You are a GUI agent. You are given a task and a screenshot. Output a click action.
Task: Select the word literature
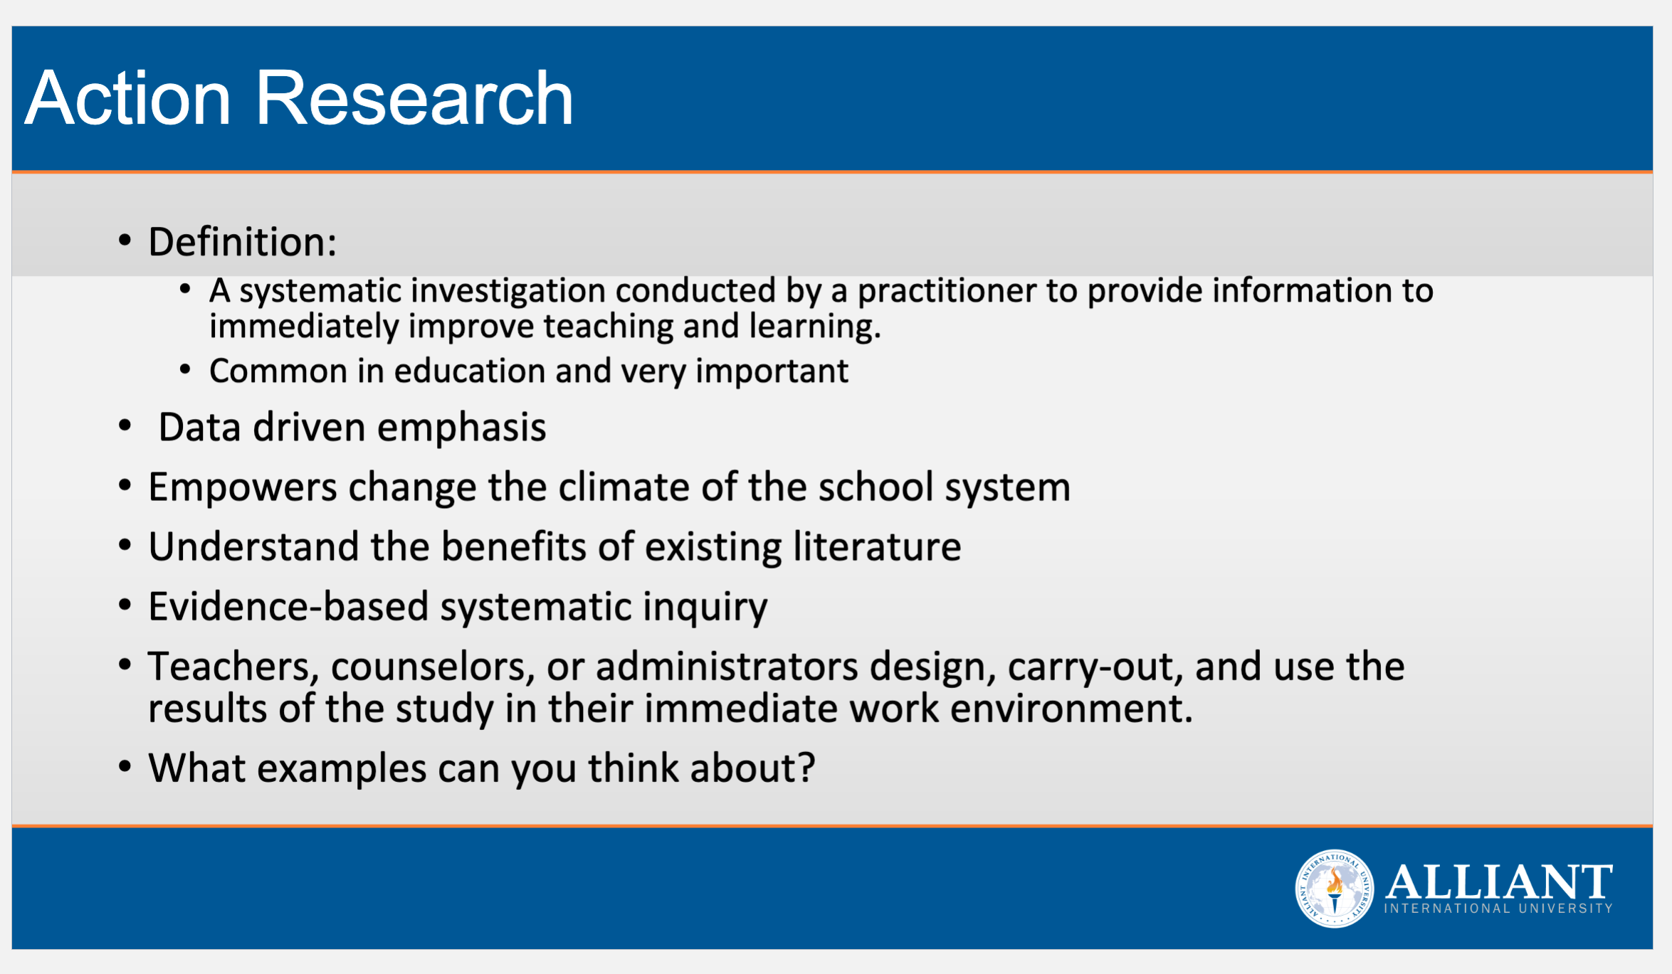coord(877,547)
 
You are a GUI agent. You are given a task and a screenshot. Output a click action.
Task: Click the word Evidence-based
coord(288,607)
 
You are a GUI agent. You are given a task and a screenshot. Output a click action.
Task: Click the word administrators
coord(727,667)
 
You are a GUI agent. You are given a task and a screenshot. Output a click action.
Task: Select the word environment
coord(1071,709)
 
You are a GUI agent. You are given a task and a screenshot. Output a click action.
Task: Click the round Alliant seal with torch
coord(1334,889)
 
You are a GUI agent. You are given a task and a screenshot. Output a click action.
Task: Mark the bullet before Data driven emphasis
coord(125,426)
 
